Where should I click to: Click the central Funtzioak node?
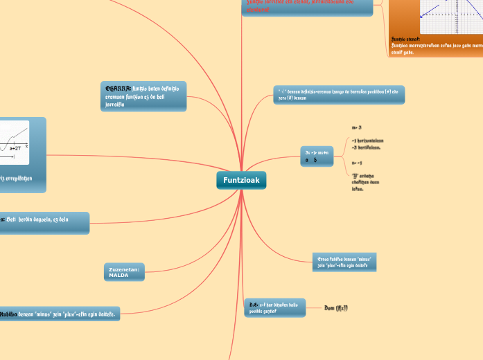[241, 180]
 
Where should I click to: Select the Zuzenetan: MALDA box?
[124, 271]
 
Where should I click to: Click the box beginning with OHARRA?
[143, 96]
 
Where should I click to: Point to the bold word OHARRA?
[118, 89]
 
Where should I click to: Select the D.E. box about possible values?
[274, 307]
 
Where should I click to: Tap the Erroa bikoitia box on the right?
[344, 262]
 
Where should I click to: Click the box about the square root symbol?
[339, 95]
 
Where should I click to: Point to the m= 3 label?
[357, 128]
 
